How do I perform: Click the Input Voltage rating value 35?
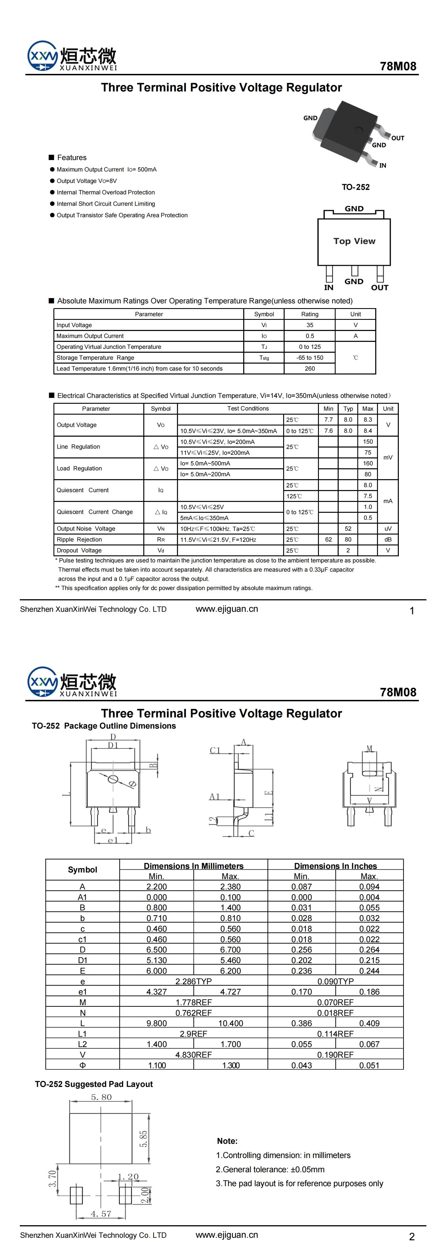coord(310,325)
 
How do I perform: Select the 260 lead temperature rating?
coord(310,368)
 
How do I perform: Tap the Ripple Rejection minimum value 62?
coord(328,540)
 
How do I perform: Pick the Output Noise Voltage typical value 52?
coord(348,529)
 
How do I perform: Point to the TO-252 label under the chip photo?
coord(356,187)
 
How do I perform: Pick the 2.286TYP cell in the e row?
coord(193,981)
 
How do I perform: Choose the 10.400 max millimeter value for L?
coord(230,1023)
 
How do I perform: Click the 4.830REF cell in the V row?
coord(193,1055)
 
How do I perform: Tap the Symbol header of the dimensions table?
coord(82,869)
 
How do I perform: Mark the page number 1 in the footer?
coord(412,611)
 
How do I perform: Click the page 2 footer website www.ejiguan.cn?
coord(227,1235)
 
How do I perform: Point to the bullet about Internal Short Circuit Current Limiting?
coord(106,204)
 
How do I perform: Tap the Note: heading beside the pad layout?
coord(227,1141)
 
